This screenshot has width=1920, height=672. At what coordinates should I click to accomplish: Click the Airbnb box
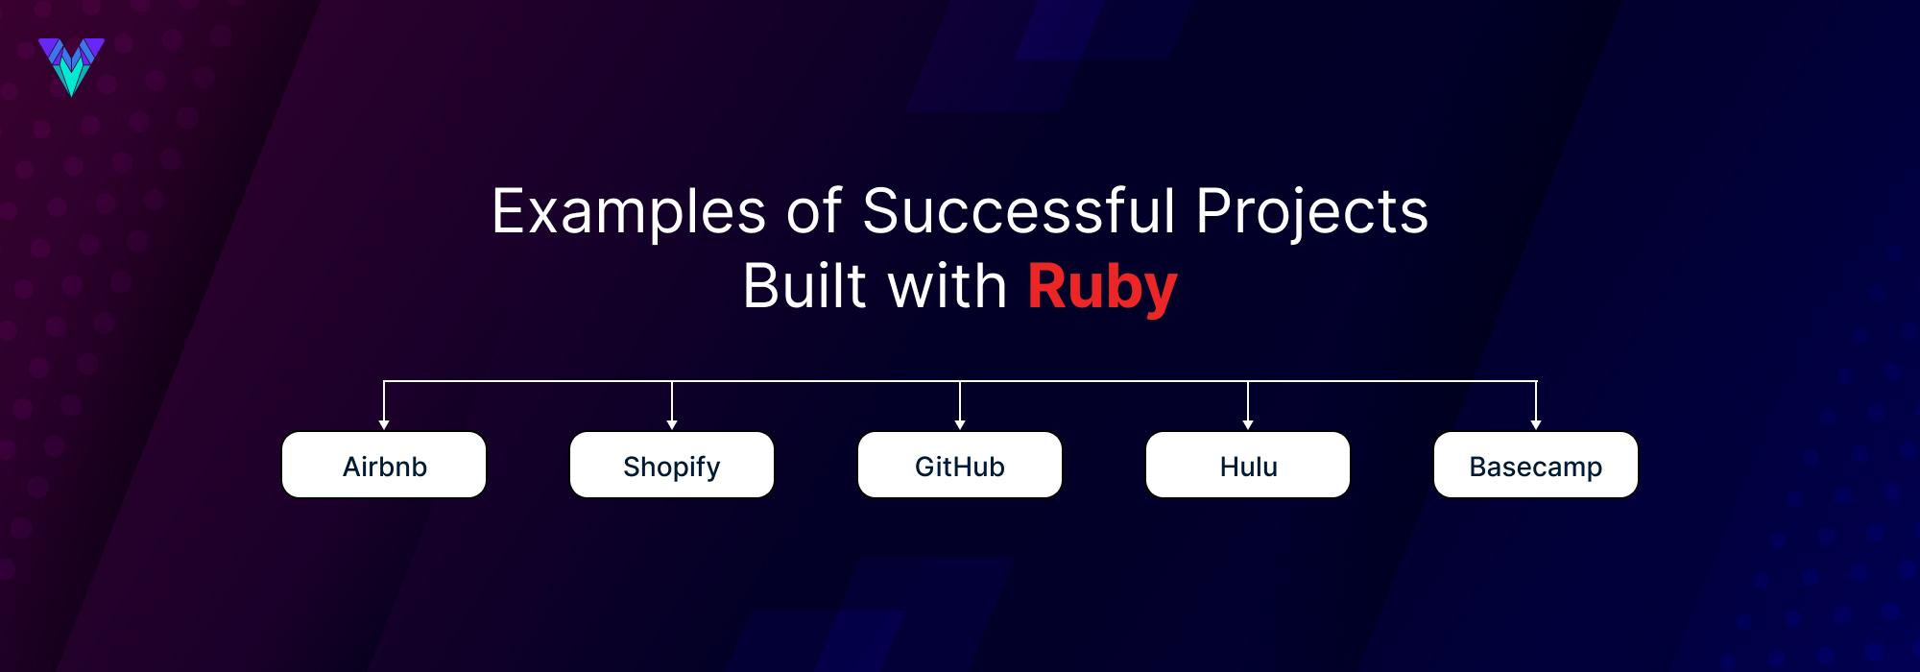[x=384, y=466]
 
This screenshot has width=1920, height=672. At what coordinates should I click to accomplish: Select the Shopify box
[x=672, y=466]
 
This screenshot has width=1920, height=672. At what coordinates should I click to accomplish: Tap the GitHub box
[x=960, y=466]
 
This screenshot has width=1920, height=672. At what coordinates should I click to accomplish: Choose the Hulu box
[x=1248, y=466]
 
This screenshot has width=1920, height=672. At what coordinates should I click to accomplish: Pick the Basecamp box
[x=1536, y=466]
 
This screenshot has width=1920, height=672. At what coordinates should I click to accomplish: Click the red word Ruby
[x=1102, y=287]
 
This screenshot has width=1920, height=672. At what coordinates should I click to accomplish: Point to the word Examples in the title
[x=629, y=212]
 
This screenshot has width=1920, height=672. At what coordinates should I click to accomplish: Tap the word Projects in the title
[x=1311, y=212]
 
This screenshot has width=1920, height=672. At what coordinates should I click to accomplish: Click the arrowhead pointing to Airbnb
[x=384, y=424]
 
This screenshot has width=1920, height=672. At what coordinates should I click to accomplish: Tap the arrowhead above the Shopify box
[x=672, y=424]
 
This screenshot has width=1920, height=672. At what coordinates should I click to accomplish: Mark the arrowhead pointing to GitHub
[x=960, y=424]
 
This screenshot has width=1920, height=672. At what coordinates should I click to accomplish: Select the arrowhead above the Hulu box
[x=1248, y=424]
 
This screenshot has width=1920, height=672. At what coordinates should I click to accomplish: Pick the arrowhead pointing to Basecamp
[x=1536, y=424]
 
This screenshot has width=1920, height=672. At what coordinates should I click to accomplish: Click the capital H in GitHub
[x=966, y=467]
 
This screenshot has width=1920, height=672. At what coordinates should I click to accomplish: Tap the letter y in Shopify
[x=711, y=469]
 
